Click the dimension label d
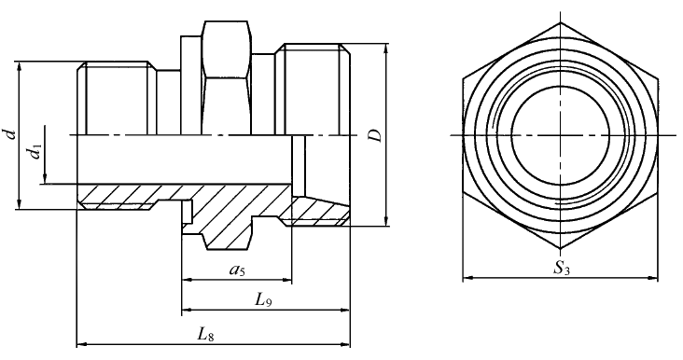pyautogui.click(x=13, y=133)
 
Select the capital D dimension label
pyautogui.click(x=375, y=135)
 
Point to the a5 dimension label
pyautogui.click(x=237, y=270)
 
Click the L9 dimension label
pyautogui.click(x=263, y=300)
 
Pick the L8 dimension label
pyautogui.click(x=205, y=334)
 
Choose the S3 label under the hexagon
pyautogui.click(x=562, y=269)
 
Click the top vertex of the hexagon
pyautogui.click(x=560, y=22)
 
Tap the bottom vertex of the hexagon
pyautogui.click(x=560, y=249)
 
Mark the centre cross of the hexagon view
pyautogui.click(x=560, y=135)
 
